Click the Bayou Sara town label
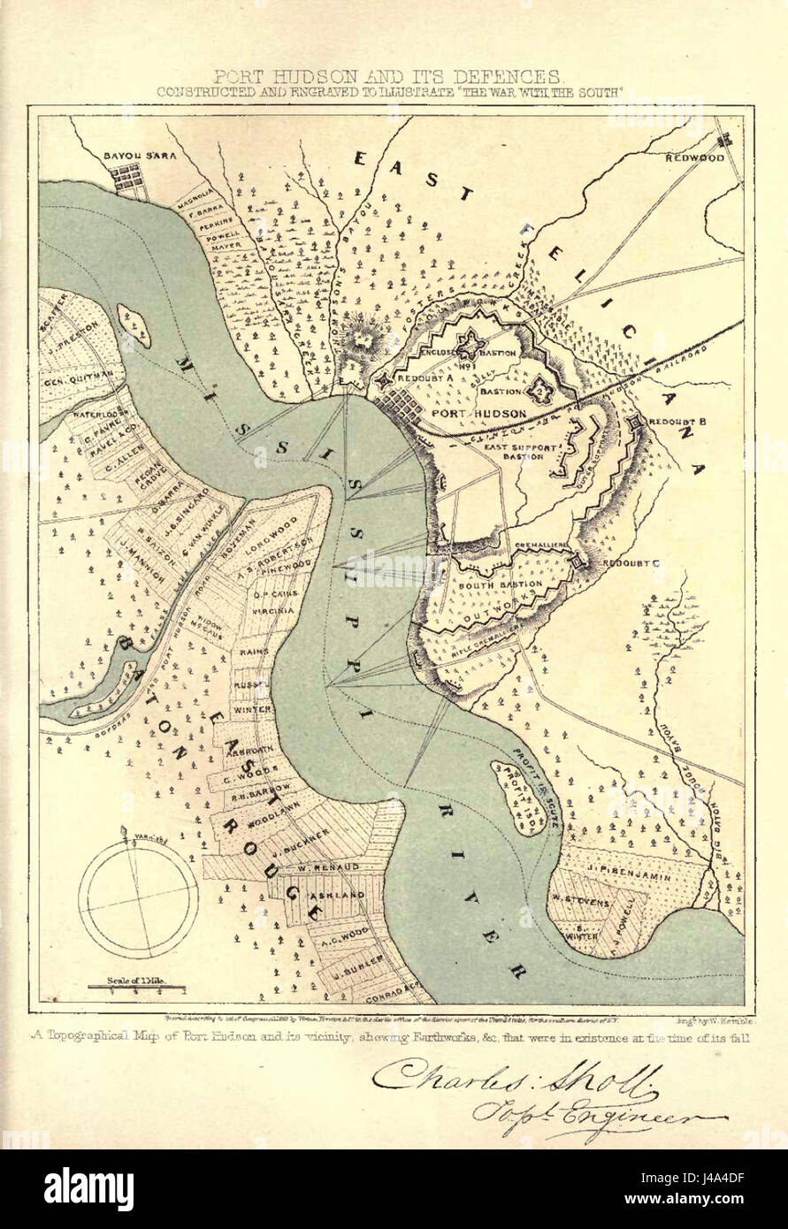click(141, 156)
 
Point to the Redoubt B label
click(676, 422)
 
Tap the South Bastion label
click(501, 584)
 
